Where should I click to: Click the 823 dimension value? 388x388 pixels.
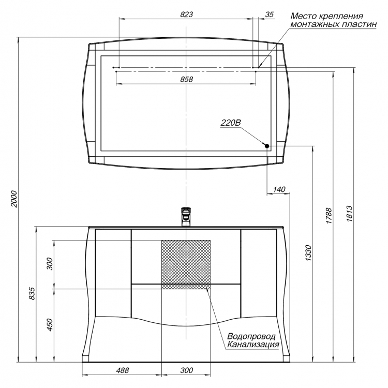(186, 14)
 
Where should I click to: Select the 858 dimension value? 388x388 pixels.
(186, 79)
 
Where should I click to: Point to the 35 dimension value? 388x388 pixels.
(269, 14)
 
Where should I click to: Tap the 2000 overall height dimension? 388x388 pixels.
(14, 199)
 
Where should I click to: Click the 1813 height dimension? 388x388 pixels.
(349, 213)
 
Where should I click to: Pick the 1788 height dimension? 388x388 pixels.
(329, 216)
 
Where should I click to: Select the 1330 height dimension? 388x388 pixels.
(308, 252)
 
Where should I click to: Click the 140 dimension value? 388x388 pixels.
(279, 189)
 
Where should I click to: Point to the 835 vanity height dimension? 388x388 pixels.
(32, 293)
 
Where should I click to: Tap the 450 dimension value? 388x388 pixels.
(50, 325)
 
